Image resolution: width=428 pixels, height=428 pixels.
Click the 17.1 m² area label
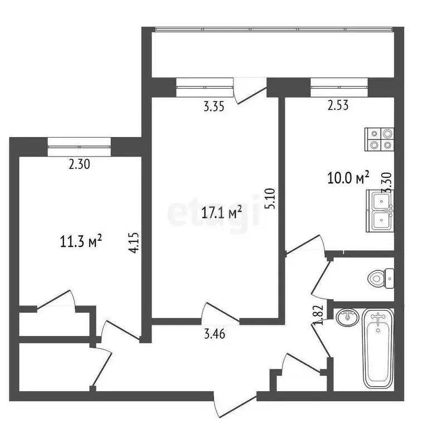pos(221,212)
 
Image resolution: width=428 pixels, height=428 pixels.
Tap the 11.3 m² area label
pos(81,241)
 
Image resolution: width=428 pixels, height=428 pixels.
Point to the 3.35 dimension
pos(214,108)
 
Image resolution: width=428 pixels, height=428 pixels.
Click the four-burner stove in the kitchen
pos(379,139)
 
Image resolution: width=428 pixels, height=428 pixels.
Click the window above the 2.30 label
pos(79,146)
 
